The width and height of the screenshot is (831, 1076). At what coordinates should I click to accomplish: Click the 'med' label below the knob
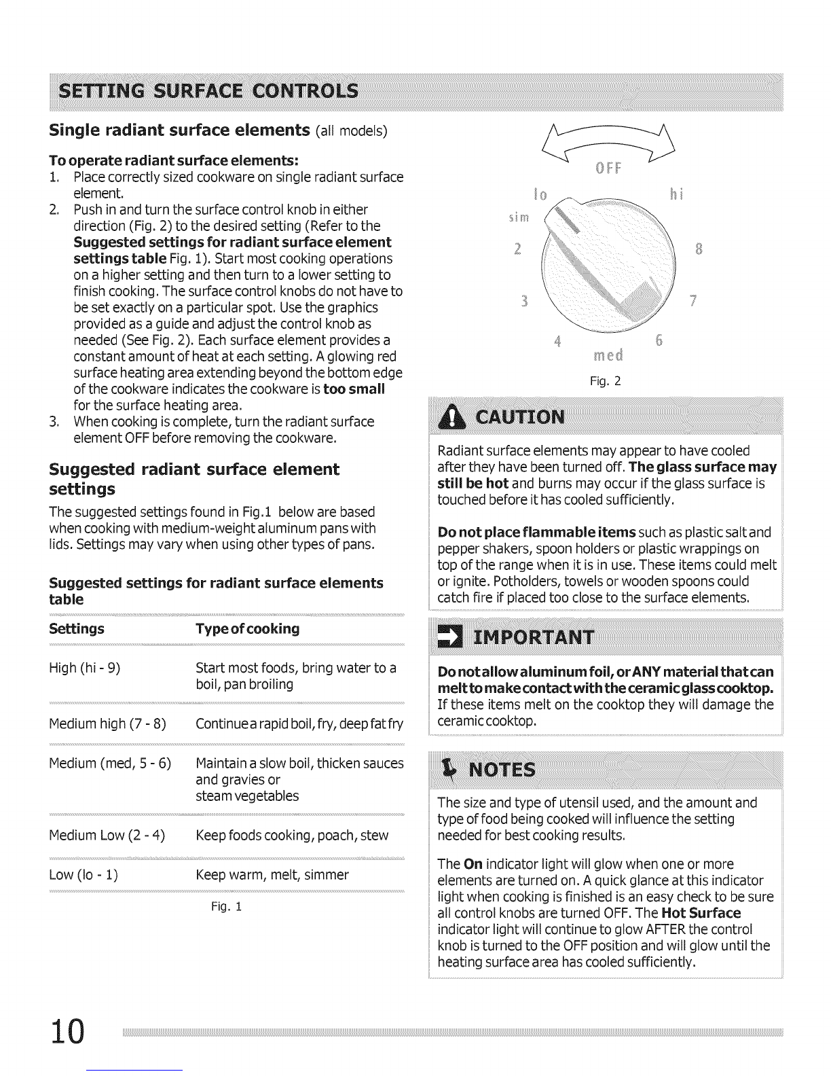608,355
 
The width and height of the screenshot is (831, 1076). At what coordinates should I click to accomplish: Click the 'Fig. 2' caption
607,382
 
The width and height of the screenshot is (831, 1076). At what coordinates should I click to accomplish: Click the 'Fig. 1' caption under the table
226,906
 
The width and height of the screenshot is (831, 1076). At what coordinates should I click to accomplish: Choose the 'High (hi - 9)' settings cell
85,668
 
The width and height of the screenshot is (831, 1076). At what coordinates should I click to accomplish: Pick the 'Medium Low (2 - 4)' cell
107,835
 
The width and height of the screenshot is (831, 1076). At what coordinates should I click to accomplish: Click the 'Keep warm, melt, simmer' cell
272,874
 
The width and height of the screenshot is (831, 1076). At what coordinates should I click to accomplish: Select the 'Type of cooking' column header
247,628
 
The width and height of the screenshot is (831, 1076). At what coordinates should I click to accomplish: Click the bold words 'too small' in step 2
354,389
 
